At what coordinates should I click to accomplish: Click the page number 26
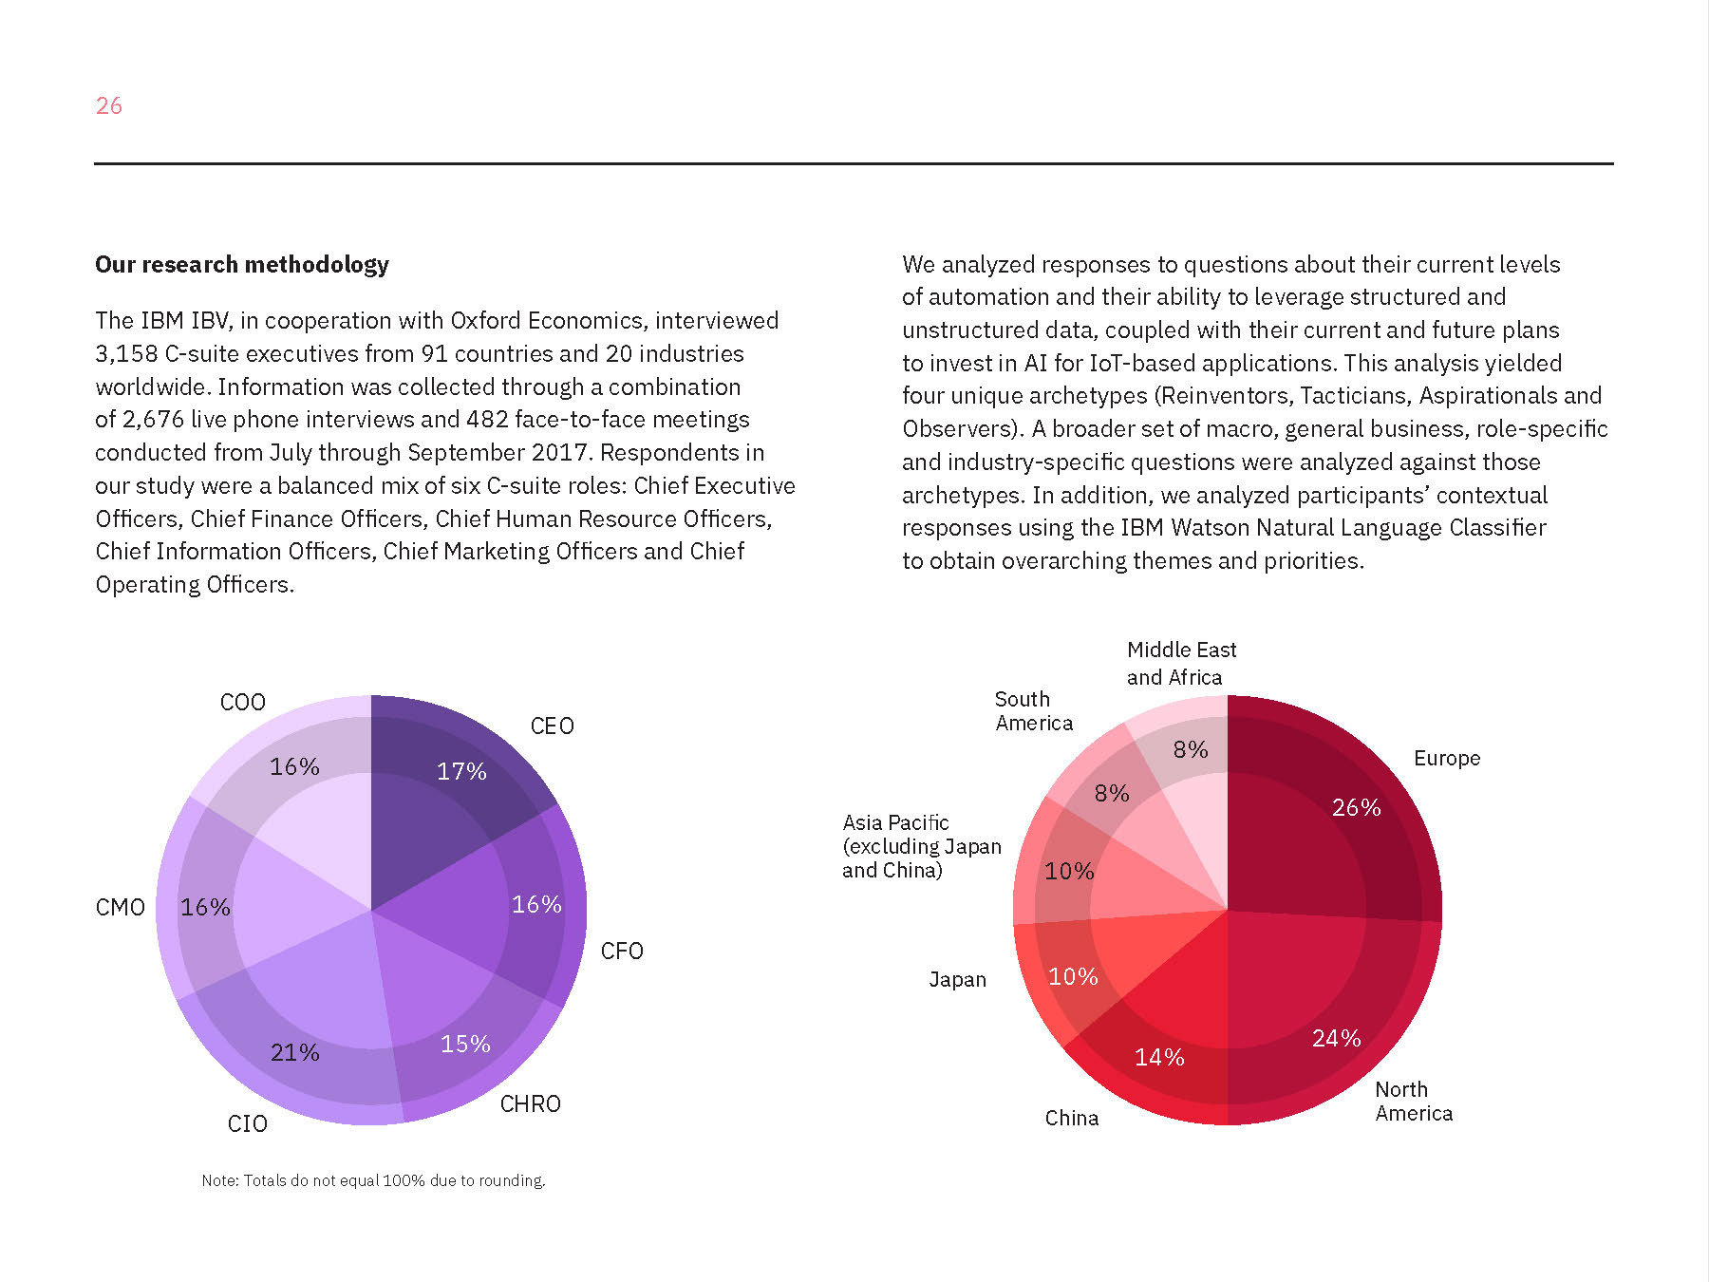click(x=109, y=105)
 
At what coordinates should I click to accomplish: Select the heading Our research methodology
click(x=242, y=264)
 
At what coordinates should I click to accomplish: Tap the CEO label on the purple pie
click(x=552, y=726)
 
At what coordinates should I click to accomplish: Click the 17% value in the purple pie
click(x=461, y=771)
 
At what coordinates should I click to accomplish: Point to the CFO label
click(x=622, y=951)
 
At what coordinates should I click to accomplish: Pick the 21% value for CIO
click(x=295, y=1052)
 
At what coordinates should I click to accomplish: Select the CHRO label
click(x=530, y=1103)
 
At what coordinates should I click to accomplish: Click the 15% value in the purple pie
click(x=465, y=1044)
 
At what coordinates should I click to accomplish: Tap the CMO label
click(x=121, y=907)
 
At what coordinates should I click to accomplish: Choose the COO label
click(x=243, y=702)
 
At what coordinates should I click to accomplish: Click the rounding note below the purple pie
click(x=373, y=1180)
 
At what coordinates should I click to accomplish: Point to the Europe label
click(x=1446, y=758)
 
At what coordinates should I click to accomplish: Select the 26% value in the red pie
click(x=1356, y=807)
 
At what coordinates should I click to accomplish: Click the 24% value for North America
click(x=1336, y=1038)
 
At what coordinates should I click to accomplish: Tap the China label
click(x=1072, y=1118)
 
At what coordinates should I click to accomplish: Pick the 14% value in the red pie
click(x=1159, y=1057)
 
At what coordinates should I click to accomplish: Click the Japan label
click(x=957, y=979)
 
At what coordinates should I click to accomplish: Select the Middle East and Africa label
click(x=1181, y=663)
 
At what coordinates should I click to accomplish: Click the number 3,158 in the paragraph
click(x=126, y=353)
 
